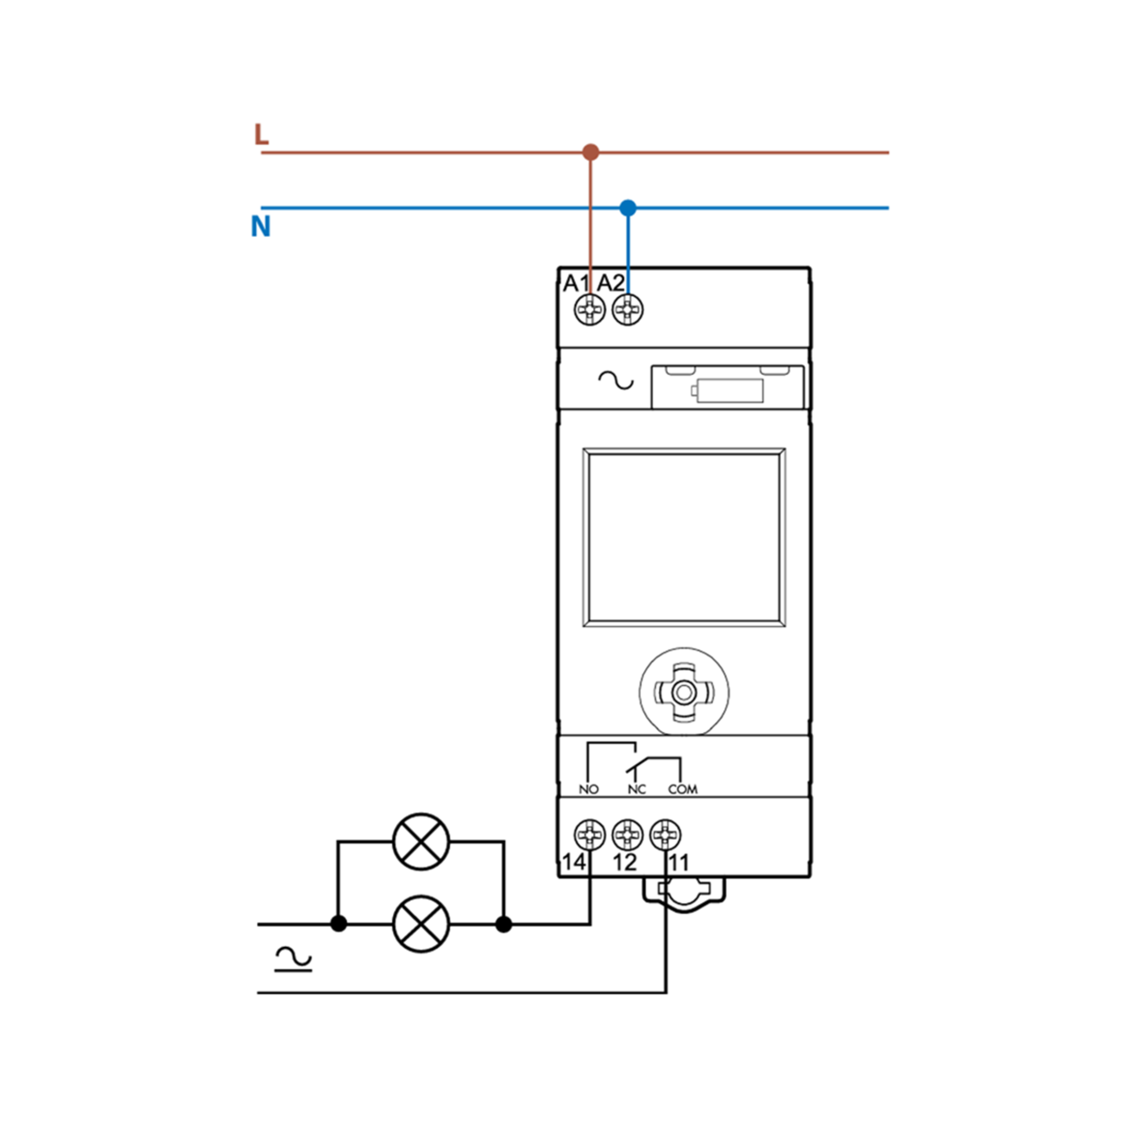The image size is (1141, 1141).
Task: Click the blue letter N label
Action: (x=261, y=226)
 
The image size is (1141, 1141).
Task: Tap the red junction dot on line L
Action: (x=590, y=152)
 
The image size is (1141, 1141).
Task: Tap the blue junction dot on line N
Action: (x=628, y=208)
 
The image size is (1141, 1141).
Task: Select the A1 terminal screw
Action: (x=590, y=309)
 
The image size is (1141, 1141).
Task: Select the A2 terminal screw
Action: (x=628, y=309)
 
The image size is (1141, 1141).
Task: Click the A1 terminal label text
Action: (x=576, y=283)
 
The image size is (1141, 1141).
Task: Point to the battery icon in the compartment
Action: (x=727, y=390)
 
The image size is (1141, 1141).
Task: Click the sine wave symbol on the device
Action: (x=616, y=381)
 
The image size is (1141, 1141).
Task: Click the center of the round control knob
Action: (x=684, y=692)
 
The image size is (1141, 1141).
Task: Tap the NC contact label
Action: (x=637, y=789)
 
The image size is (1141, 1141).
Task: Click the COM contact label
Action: (x=683, y=789)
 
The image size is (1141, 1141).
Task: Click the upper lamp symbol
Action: (x=421, y=841)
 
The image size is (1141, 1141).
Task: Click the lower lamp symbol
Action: (x=421, y=924)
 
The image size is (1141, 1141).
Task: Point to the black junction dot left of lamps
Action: (x=338, y=924)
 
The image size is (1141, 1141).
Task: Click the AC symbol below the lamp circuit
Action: (x=293, y=959)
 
